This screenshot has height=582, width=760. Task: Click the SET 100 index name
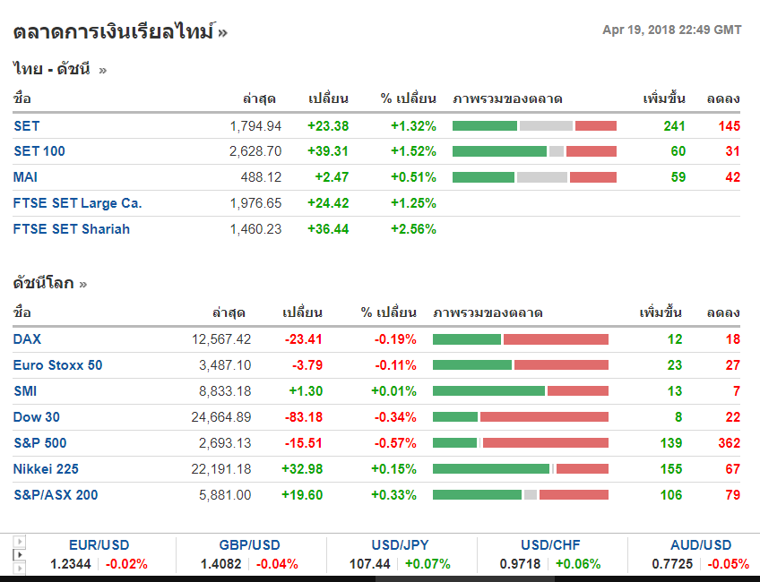pos(39,151)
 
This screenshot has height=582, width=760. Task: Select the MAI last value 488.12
pos(261,177)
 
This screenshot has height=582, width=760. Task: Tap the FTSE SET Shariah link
pos(72,229)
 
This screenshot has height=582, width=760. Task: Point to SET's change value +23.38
pos(328,126)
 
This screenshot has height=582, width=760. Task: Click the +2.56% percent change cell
pos(413,229)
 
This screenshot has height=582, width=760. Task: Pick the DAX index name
pos(27,339)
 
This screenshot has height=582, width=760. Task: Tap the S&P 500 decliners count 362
pos(729,443)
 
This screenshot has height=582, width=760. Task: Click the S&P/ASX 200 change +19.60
pos(302,495)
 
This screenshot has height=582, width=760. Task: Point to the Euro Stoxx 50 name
pos(57,365)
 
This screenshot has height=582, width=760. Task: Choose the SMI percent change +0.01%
pos(393,391)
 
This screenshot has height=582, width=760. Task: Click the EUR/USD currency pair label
pos(99,545)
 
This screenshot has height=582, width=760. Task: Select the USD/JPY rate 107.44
pos(370,564)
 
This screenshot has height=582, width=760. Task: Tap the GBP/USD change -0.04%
pos(277,564)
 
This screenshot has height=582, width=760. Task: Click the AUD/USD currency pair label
pos(701,545)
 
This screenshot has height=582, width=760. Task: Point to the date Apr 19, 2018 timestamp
pos(671,30)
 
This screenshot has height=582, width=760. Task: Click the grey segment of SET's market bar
pos(546,126)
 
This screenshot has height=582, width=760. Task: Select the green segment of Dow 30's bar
pos(455,417)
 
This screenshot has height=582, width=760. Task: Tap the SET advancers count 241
pos(674,126)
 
